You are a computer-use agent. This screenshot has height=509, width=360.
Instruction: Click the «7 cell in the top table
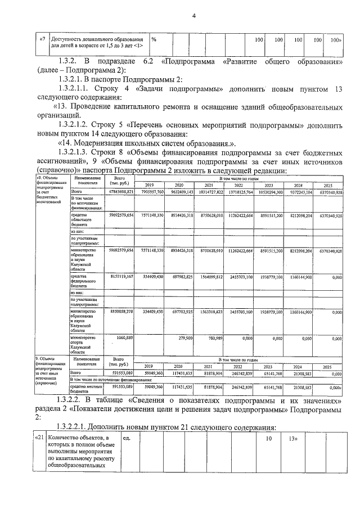pyautogui.click(x=42, y=40)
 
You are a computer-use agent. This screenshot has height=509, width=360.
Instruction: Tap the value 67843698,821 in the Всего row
pyautogui.click(x=119, y=192)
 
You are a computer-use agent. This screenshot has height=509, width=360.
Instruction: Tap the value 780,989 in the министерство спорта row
pyautogui.click(x=214, y=338)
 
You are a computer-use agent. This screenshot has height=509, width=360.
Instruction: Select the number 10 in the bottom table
pyautogui.click(x=269, y=438)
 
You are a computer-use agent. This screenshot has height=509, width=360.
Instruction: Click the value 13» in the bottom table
pyautogui.click(x=292, y=438)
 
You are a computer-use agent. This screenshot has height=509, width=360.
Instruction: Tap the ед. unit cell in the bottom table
pyautogui.click(x=127, y=438)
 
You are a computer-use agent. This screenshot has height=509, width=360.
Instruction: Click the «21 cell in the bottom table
pyautogui.click(x=38, y=438)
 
